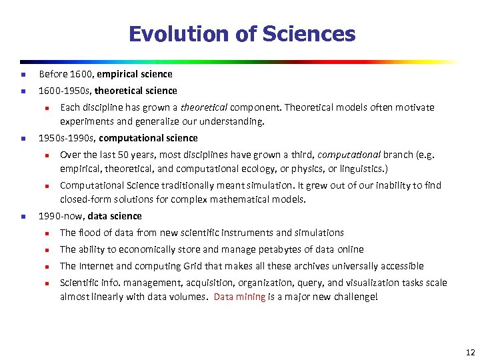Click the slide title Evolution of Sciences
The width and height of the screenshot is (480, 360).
click(x=241, y=34)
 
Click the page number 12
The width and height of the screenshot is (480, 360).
click(x=470, y=352)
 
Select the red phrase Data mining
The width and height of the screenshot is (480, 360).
click(x=239, y=297)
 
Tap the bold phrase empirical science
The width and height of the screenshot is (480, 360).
click(x=138, y=74)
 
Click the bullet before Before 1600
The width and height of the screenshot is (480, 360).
click(x=22, y=75)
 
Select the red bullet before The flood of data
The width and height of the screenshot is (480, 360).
click(x=48, y=233)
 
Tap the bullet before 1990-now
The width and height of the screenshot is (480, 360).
click(x=22, y=217)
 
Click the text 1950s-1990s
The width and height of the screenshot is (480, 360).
click(x=61, y=138)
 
